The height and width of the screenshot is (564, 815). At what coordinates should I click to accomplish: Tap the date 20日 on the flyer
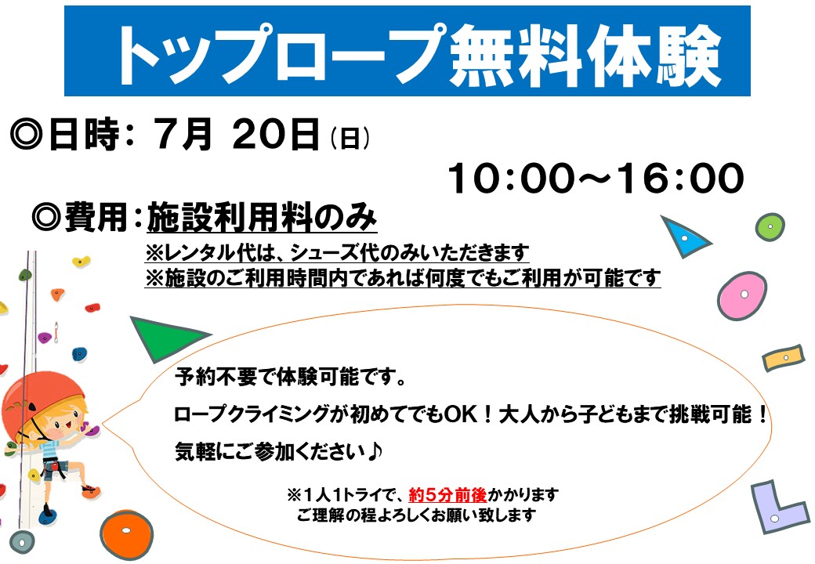click(x=276, y=134)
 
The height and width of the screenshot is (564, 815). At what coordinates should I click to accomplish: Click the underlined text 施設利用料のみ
click(x=262, y=217)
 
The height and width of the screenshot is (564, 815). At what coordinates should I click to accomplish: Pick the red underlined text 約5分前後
click(x=447, y=494)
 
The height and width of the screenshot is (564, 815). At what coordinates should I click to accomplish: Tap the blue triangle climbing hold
click(x=684, y=237)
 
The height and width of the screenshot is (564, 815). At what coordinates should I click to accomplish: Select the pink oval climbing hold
click(x=741, y=295)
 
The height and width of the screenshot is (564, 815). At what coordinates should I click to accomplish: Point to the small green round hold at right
click(x=770, y=227)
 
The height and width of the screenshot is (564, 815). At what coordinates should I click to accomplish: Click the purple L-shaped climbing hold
click(x=778, y=506)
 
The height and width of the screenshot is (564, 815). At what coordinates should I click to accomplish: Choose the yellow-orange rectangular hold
click(x=784, y=358)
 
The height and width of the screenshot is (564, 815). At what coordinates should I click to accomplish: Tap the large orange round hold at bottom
click(x=126, y=534)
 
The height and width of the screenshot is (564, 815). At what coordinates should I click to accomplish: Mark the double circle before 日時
click(x=26, y=135)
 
